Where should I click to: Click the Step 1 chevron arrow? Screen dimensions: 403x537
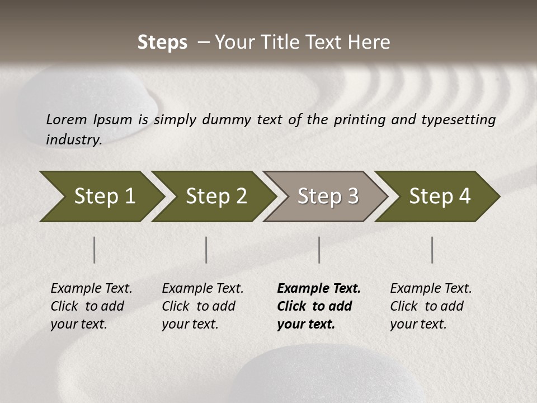point(101,196)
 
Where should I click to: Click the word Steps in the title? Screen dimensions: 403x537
point(162,42)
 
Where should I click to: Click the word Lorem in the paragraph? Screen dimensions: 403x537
point(67,119)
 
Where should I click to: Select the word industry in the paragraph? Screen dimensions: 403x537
point(73,139)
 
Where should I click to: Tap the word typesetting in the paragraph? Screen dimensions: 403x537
point(458,119)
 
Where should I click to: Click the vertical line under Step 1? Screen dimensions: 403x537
point(95,250)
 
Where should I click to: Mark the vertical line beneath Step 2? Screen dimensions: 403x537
point(206,250)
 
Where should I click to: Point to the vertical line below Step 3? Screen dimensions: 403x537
point(319,250)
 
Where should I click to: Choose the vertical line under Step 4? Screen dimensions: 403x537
point(432,250)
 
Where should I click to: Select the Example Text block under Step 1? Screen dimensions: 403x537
point(91,306)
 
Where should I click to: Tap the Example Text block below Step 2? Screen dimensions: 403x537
point(202,306)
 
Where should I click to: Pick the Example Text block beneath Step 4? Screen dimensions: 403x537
point(430,306)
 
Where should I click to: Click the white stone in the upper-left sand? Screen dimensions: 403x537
point(89,101)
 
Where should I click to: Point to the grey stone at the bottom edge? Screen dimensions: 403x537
point(330,375)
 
